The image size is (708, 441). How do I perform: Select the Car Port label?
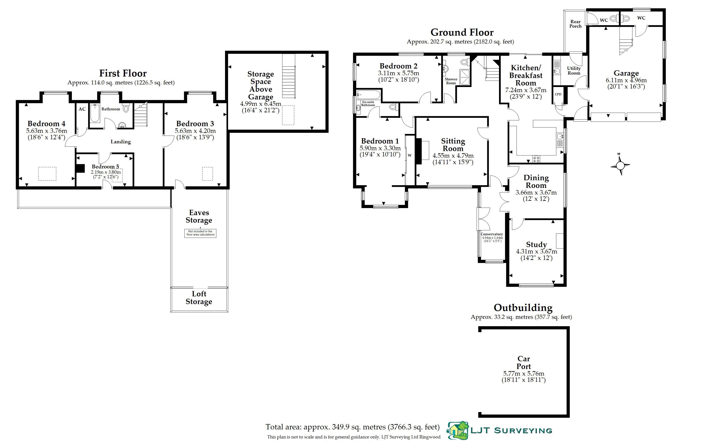pyautogui.click(x=524, y=363)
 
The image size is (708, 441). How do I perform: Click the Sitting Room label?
pyautogui.click(x=453, y=145)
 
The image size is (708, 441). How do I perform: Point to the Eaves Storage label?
pyautogui.click(x=199, y=216)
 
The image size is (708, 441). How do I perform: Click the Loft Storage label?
pyautogui.click(x=199, y=297)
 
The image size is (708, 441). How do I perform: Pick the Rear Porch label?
pyautogui.click(x=575, y=24)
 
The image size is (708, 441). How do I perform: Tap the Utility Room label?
pyautogui.click(x=574, y=70)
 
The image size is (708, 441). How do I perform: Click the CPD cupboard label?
pyautogui.click(x=558, y=94)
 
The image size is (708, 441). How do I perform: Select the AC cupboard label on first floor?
pyautogui.click(x=82, y=109)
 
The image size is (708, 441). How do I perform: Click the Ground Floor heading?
pyautogui.click(x=462, y=32)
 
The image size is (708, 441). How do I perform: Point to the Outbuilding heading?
pyautogui.click(x=523, y=307)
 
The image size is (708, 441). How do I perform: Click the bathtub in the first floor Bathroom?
pyautogui.click(x=95, y=113)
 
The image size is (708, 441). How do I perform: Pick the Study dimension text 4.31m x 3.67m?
pyautogui.click(x=536, y=251)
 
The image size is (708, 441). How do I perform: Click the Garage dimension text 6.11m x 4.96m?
pyautogui.click(x=626, y=80)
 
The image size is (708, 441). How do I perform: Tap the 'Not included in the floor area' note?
pyautogui.click(x=200, y=233)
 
